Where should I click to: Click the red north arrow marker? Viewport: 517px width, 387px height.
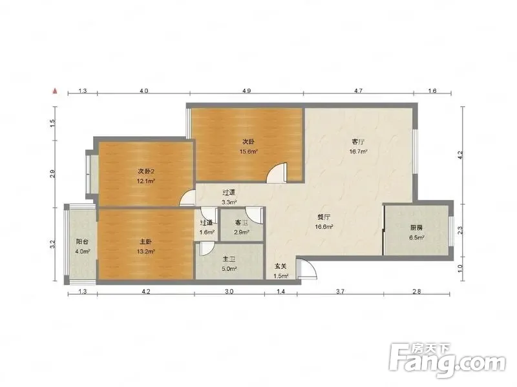(56, 91)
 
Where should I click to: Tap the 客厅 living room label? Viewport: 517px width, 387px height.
(358, 142)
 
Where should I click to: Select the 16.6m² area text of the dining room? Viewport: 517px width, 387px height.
(324, 227)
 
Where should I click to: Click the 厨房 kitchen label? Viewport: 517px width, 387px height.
(416, 228)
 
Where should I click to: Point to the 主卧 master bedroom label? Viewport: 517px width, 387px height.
(145, 242)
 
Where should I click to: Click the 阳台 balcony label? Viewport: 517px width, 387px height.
(82, 242)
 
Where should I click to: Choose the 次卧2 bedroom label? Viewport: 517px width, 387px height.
(146, 171)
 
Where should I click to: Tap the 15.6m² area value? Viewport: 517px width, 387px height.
(249, 152)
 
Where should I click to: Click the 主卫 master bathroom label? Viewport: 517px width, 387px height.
(229, 259)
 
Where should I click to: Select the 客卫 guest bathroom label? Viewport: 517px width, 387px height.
(241, 223)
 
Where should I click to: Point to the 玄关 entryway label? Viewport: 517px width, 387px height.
(281, 266)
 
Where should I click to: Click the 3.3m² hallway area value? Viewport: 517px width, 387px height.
(229, 202)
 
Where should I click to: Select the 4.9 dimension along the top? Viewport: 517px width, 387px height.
(247, 90)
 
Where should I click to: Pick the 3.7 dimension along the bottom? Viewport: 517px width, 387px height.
(341, 291)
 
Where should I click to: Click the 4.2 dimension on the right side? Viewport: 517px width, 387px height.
(461, 155)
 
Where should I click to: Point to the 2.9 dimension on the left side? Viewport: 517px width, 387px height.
(53, 174)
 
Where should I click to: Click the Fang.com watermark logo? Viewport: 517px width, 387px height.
(447, 361)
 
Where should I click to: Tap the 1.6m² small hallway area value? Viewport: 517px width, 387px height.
(207, 232)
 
